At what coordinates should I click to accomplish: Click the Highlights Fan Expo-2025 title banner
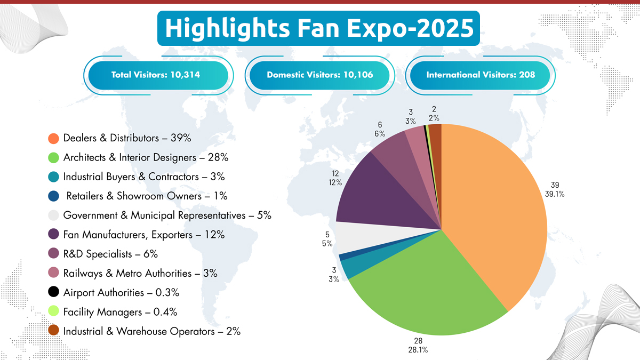pyautogui.click(x=318, y=28)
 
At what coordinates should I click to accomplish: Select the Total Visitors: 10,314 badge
pyautogui.click(x=156, y=75)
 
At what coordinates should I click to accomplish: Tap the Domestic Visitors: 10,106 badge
pyautogui.click(x=319, y=75)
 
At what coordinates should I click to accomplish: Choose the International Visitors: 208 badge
pyautogui.click(x=480, y=75)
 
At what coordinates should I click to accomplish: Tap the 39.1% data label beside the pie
pyautogui.click(x=554, y=194)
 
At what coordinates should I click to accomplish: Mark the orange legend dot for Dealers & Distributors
pyautogui.click(x=53, y=138)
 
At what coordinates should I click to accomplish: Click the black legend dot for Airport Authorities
pyautogui.click(x=53, y=292)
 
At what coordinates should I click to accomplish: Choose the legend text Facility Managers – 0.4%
pyautogui.click(x=120, y=311)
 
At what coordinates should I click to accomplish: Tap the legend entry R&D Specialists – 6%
pyautogui.click(x=110, y=254)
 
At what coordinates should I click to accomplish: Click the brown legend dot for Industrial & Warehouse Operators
pyautogui.click(x=53, y=331)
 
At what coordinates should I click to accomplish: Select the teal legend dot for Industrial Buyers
pyautogui.click(x=53, y=177)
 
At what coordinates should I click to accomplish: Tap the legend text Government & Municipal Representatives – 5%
pyautogui.click(x=167, y=215)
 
